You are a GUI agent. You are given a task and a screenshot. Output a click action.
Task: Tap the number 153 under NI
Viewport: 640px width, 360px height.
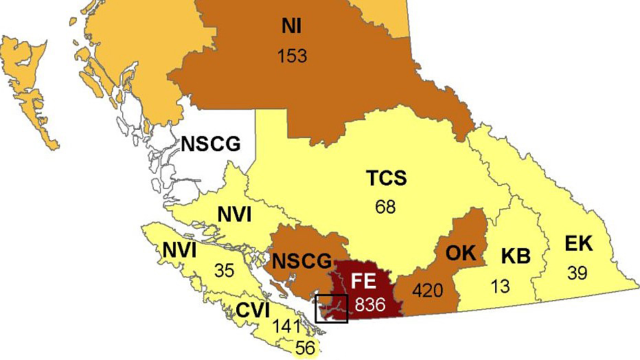pyautogui.click(x=292, y=55)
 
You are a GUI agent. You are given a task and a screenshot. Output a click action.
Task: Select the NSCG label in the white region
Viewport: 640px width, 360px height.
pyautogui.click(x=211, y=144)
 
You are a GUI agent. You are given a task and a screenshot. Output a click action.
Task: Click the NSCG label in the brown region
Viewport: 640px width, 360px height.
pyautogui.click(x=301, y=261)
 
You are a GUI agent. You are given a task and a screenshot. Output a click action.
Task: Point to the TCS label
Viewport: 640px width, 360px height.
pyautogui.click(x=385, y=180)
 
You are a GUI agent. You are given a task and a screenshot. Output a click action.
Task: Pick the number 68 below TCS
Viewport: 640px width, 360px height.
pyautogui.click(x=385, y=207)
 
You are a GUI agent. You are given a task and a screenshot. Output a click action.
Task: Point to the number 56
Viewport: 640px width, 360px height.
pyautogui.click(x=306, y=348)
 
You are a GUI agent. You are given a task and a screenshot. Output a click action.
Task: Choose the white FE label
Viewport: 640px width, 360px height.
pyautogui.click(x=365, y=281)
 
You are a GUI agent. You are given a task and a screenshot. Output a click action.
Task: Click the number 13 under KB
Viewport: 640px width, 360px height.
pyautogui.click(x=501, y=286)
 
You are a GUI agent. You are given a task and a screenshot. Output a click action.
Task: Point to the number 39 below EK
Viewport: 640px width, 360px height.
pyautogui.click(x=578, y=273)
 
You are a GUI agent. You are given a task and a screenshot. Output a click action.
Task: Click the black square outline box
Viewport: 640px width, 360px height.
pyautogui.click(x=332, y=307)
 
